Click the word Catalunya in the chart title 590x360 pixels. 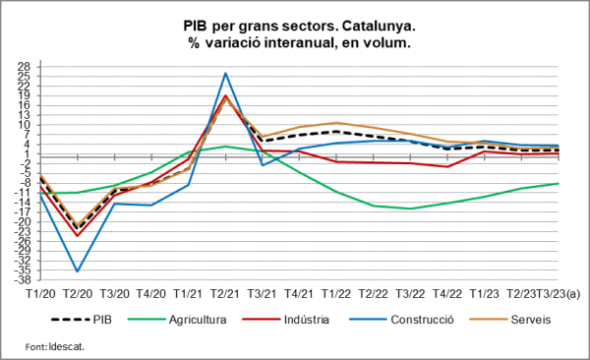pyautogui.click(x=373, y=26)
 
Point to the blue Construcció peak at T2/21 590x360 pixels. pyautogui.click(x=225, y=73)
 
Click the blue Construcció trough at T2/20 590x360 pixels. pyautogui.click(x=78, y=271)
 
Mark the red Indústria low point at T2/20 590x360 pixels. pyautogui.click(x=78, y=236)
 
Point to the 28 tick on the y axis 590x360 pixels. pyautogui.click(x=25, y=67)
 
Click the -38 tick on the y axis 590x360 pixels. pyautogui.click(x=23, y=279)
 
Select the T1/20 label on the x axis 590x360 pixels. pyautogui.click(x=40, y=293)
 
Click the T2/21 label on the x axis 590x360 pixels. pyautogui.click(x=225, y=293)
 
